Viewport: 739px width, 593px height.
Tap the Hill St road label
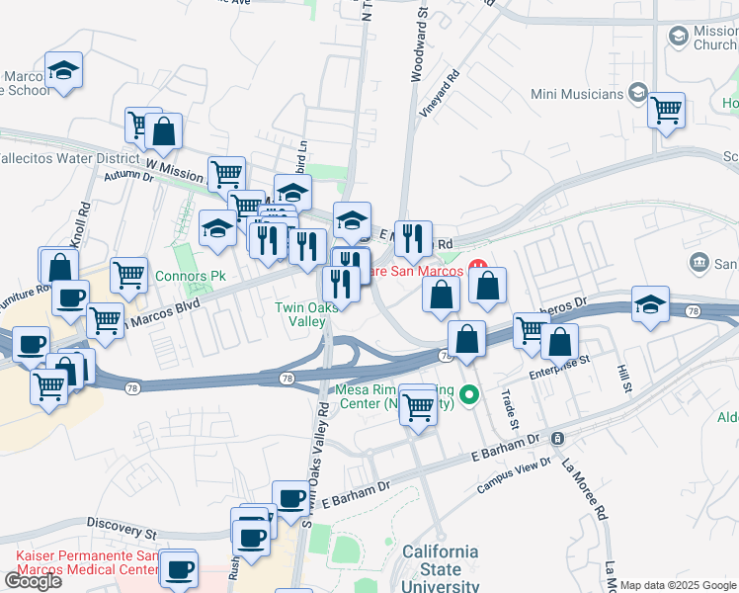(x=624, y=380)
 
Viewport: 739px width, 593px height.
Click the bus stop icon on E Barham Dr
(x=558, y=438)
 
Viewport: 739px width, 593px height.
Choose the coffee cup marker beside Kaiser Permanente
(x=180, y=569)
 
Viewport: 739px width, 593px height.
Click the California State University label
(x=440, y=569)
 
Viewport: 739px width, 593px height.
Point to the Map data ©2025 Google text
(x=678, y=586)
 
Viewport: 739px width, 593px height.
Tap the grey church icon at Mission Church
(x=678, y=37)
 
